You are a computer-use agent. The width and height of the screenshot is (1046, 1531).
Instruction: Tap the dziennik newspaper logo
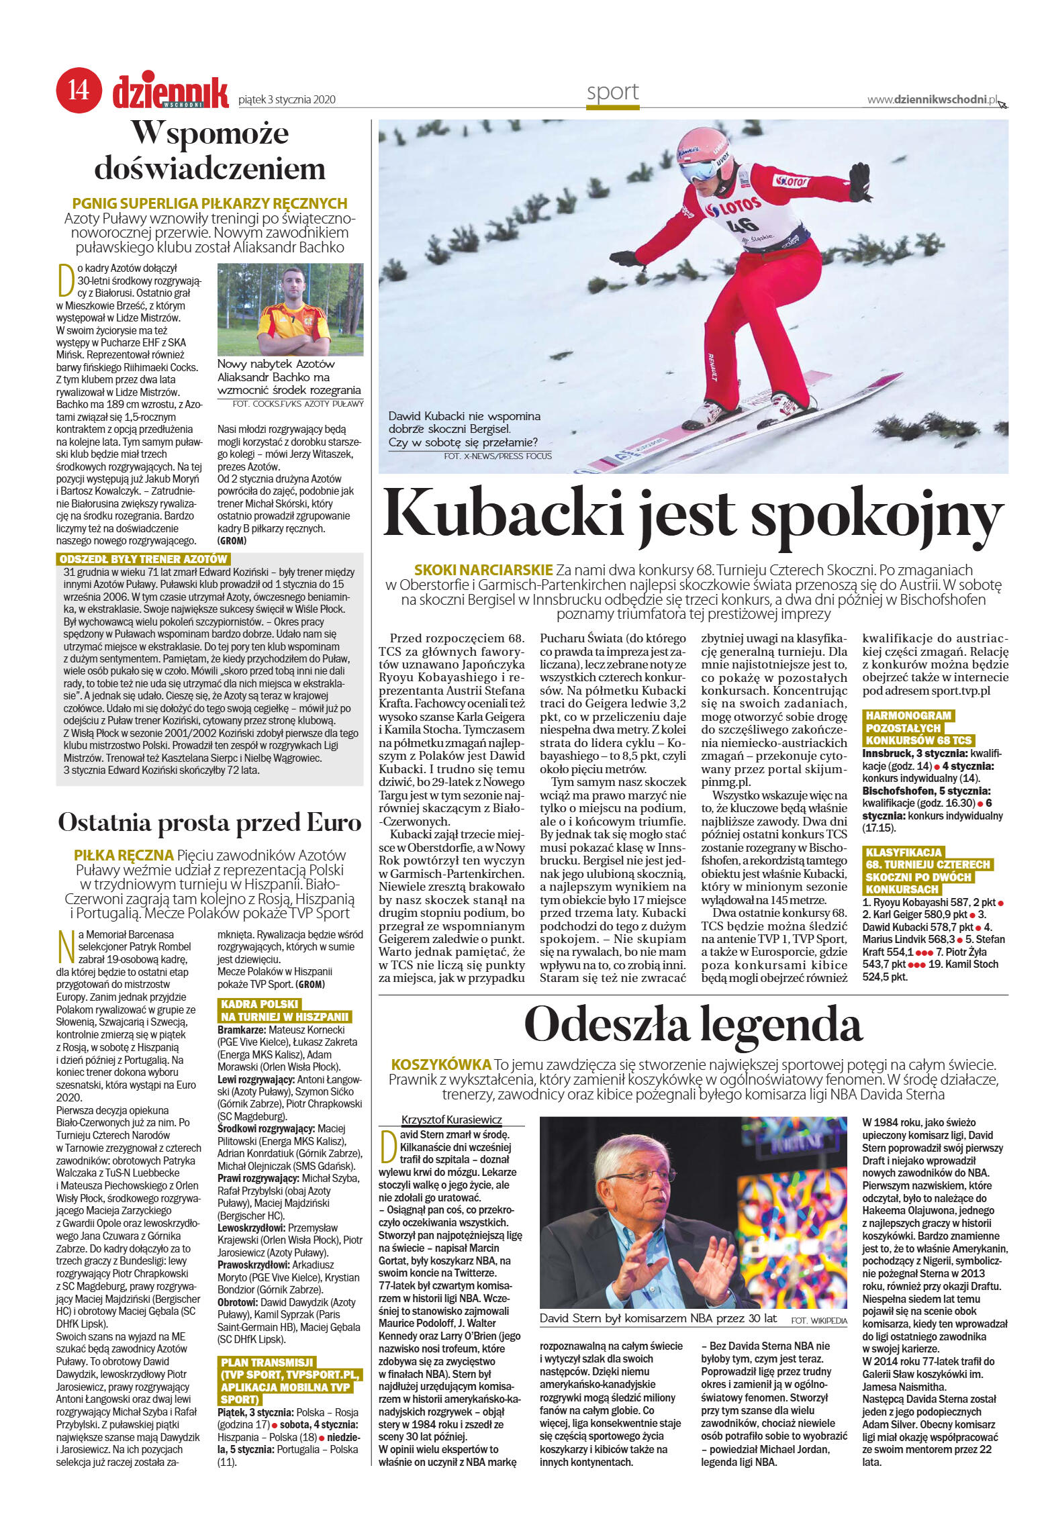[x=171, y=93]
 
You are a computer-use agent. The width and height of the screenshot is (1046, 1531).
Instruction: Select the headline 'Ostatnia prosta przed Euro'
[x=209, y=823]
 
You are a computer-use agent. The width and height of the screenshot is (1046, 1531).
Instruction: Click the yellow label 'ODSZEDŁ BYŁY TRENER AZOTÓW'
[x=144, y=559]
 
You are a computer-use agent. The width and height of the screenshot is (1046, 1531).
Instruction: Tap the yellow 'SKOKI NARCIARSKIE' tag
[x=483, y=571]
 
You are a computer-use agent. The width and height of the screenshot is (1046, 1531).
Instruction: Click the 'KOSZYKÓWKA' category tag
[x=441, y=1065]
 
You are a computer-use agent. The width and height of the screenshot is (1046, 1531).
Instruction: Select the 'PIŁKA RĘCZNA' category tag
[x=124, y=855]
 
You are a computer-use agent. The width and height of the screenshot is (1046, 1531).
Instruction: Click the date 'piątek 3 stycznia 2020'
[x=287, y=100]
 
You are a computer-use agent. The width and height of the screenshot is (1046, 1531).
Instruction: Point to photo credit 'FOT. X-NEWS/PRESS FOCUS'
[x=497, y=456]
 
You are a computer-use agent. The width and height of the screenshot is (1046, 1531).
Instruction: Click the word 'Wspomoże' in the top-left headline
[x=209, y=133]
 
